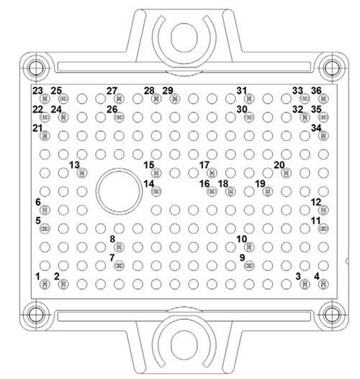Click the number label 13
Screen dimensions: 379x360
[73, 165]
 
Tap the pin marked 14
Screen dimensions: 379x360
[157, 191]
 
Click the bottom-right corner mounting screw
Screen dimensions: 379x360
[330, 314]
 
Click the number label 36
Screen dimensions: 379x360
[315, 91]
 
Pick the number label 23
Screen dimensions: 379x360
[37, 91]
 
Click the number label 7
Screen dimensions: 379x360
[112, 257]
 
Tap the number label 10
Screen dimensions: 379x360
[241, 238]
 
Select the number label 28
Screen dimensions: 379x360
[148, 91]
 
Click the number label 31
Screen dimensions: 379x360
[241, 91]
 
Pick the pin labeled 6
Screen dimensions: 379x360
[45, 210]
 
